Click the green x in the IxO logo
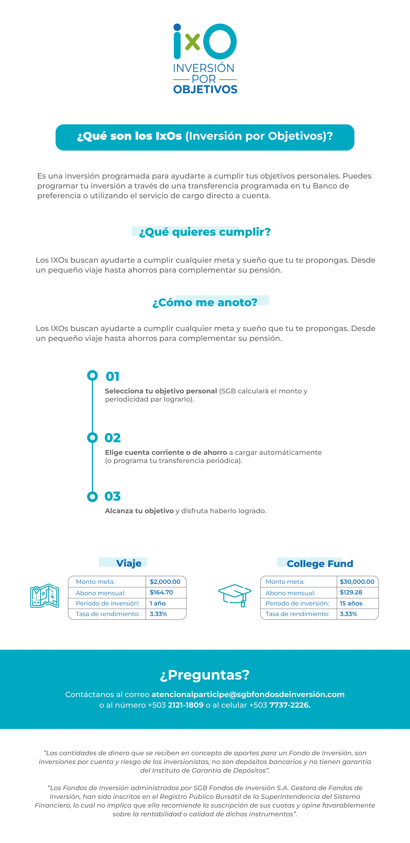192,43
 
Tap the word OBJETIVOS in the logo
205,89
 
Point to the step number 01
112,377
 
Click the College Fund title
320,564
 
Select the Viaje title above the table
129,563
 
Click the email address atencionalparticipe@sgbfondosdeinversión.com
248,694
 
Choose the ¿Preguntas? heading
205,675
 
